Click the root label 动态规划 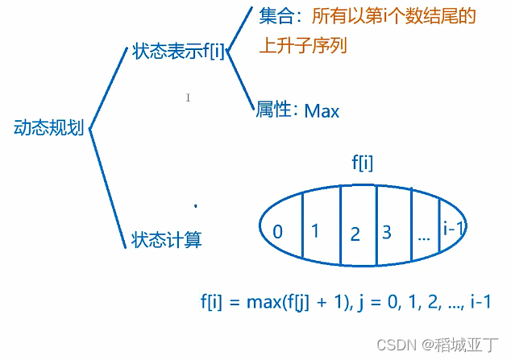(48, 127)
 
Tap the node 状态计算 (166, 238)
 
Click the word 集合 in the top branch (275, 17)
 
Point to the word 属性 (272, 110)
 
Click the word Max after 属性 (322, 111)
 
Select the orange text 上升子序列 (302, 45)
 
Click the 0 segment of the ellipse (277, 232)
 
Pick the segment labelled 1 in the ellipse (315, 231)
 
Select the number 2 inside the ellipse (355, 234)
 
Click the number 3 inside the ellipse (387, 233)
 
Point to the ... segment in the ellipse (424, 236)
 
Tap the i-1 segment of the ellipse (454, 229)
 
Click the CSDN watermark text (393, 342)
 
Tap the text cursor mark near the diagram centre (188, 97)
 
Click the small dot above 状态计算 (195, 206)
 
